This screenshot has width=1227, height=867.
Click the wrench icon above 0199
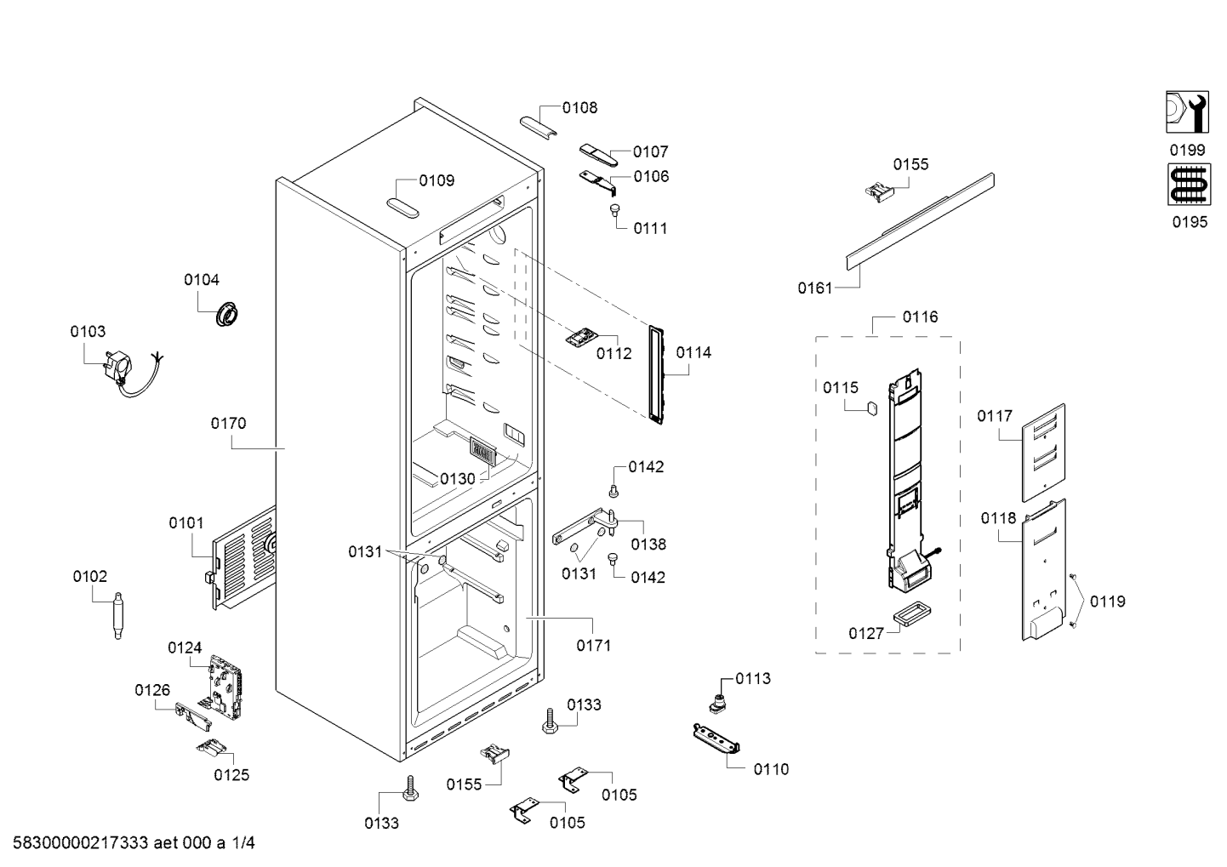pos(1187,111)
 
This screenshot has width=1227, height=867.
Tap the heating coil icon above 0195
pos(1187,185)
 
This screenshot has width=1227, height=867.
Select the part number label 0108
pos(579,107)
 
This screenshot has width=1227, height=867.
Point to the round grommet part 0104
pos(227,313)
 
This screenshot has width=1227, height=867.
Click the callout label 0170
pos(228,423)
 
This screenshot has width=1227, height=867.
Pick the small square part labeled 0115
pos(871,408)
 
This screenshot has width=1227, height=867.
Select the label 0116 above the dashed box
pos(920,317)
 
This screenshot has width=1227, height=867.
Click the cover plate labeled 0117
pos(1043,452)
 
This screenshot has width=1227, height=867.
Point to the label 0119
pos(1107,602)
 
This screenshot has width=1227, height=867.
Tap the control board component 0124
pos(224,684)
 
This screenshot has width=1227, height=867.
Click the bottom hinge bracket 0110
pos(716,736)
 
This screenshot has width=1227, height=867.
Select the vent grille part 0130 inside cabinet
pos(482,452)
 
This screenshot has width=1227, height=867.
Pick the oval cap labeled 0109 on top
pos(401,205)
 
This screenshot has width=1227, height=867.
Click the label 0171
pos(593,645)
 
